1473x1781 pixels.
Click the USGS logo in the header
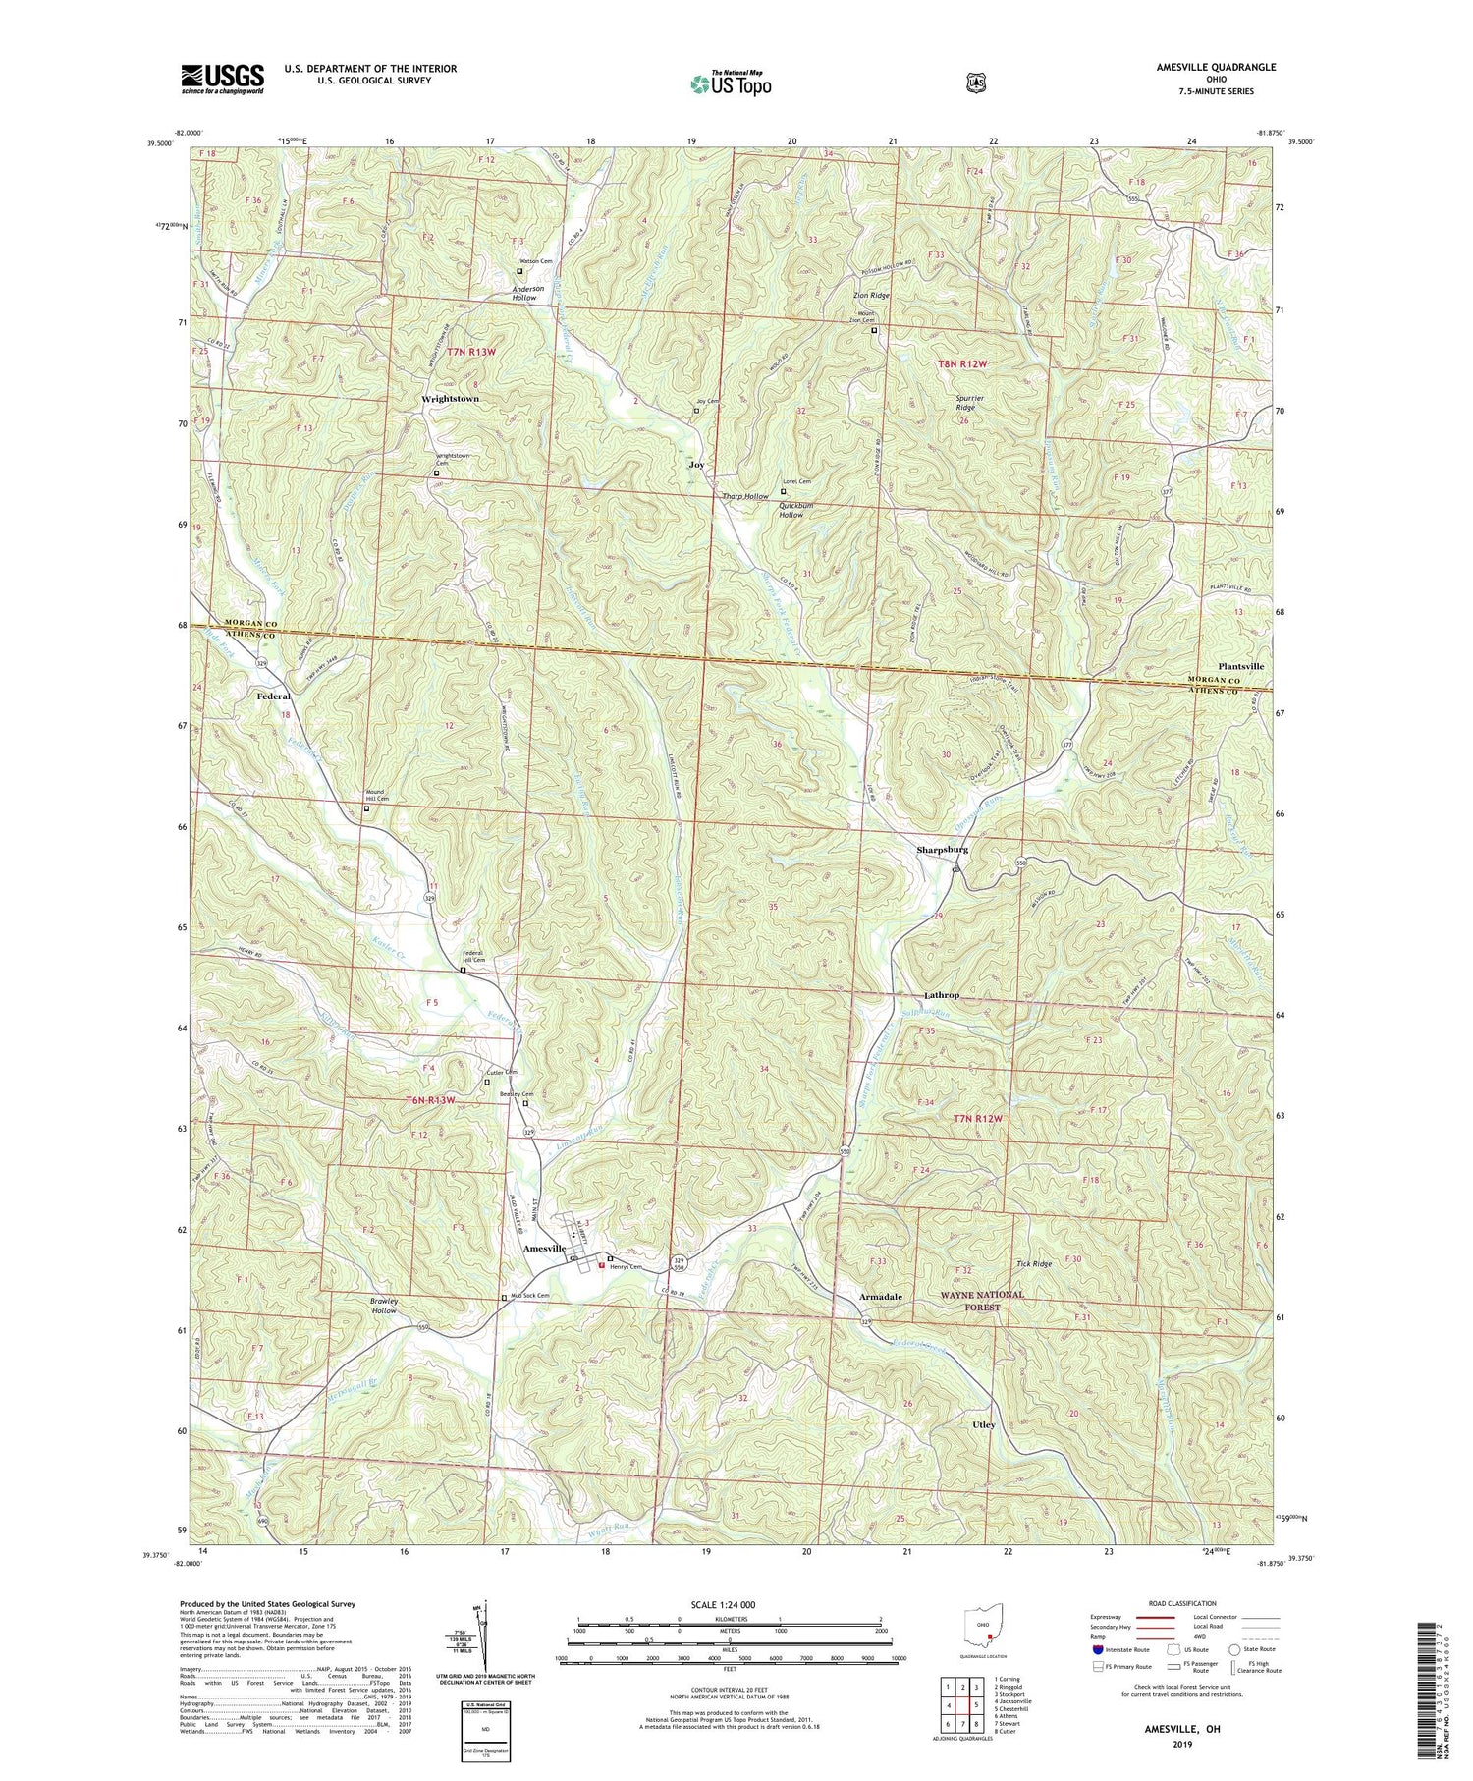tap(222, 79)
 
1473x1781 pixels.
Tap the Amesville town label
tap(545, 1248)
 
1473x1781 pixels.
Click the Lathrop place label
tap(941, 995)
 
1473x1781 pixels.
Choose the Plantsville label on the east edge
tap(1240, 666)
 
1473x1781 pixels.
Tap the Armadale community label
tap(880, 1297)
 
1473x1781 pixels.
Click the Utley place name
tap(983, 1424)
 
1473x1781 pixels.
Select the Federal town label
tap(274, 696)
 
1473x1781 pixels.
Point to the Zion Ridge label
tap(871, 295)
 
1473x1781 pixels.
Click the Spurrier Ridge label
tap(970, 404)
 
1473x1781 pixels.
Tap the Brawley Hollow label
tap(384, 1306)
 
